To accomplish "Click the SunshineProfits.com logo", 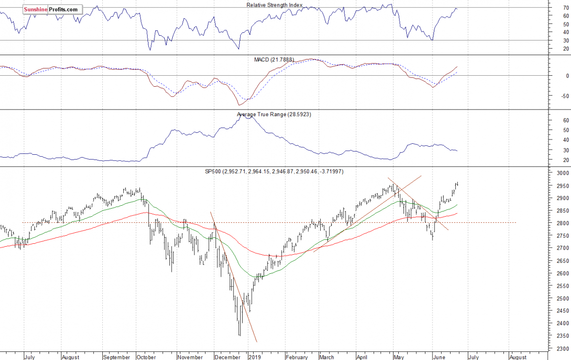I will pos(52,9).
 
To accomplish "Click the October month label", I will pos(146,357).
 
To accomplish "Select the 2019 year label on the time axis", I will pos(256,357).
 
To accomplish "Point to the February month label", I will pos(297,357).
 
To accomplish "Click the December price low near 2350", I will pos(239,335).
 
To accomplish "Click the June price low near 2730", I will pos(433,239).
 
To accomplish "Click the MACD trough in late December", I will pos(239,105).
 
